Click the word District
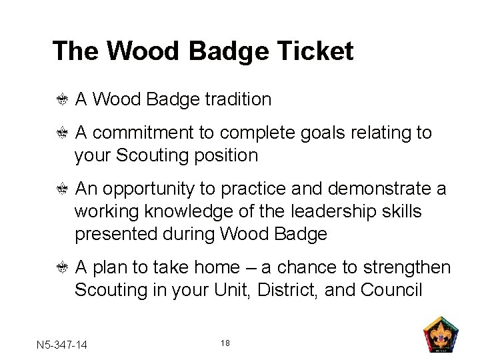(x=292, y=291)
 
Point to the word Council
(x=391, y=291)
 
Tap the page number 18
(x=225, y=343)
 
